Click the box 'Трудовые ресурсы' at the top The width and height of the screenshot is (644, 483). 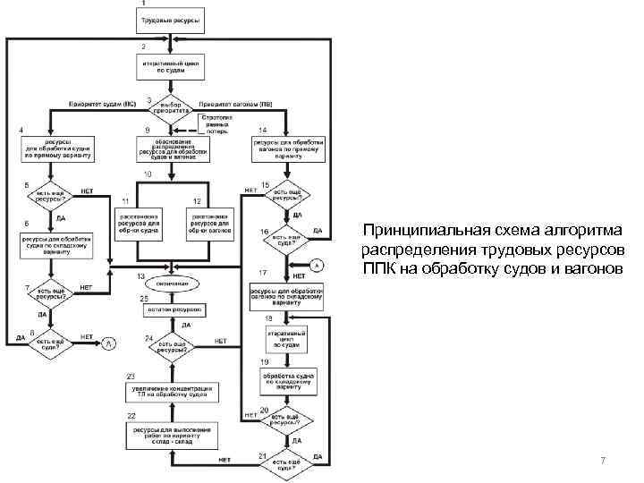171,19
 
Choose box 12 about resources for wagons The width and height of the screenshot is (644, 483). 209,223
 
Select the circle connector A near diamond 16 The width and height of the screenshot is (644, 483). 315,265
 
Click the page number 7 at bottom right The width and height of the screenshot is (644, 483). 604,461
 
